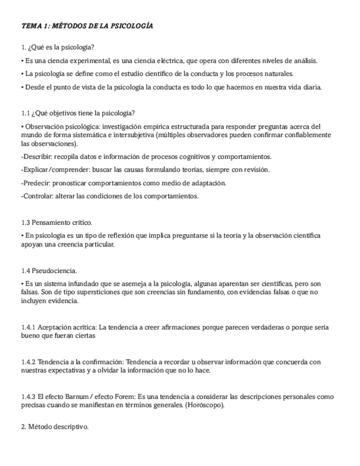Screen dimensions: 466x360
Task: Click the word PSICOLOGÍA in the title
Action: [x=132, y=26]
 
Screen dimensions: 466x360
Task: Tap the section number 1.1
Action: [x=25, y=113]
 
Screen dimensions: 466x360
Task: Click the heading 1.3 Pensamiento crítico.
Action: [x=57, y=223]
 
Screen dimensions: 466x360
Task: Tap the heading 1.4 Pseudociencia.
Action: [x=49, y=270]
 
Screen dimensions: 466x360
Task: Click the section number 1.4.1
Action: [x=29, y=328]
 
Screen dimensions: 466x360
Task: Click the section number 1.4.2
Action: [x=29, y=362]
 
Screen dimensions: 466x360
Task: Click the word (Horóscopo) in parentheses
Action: [x=204, y=406]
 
